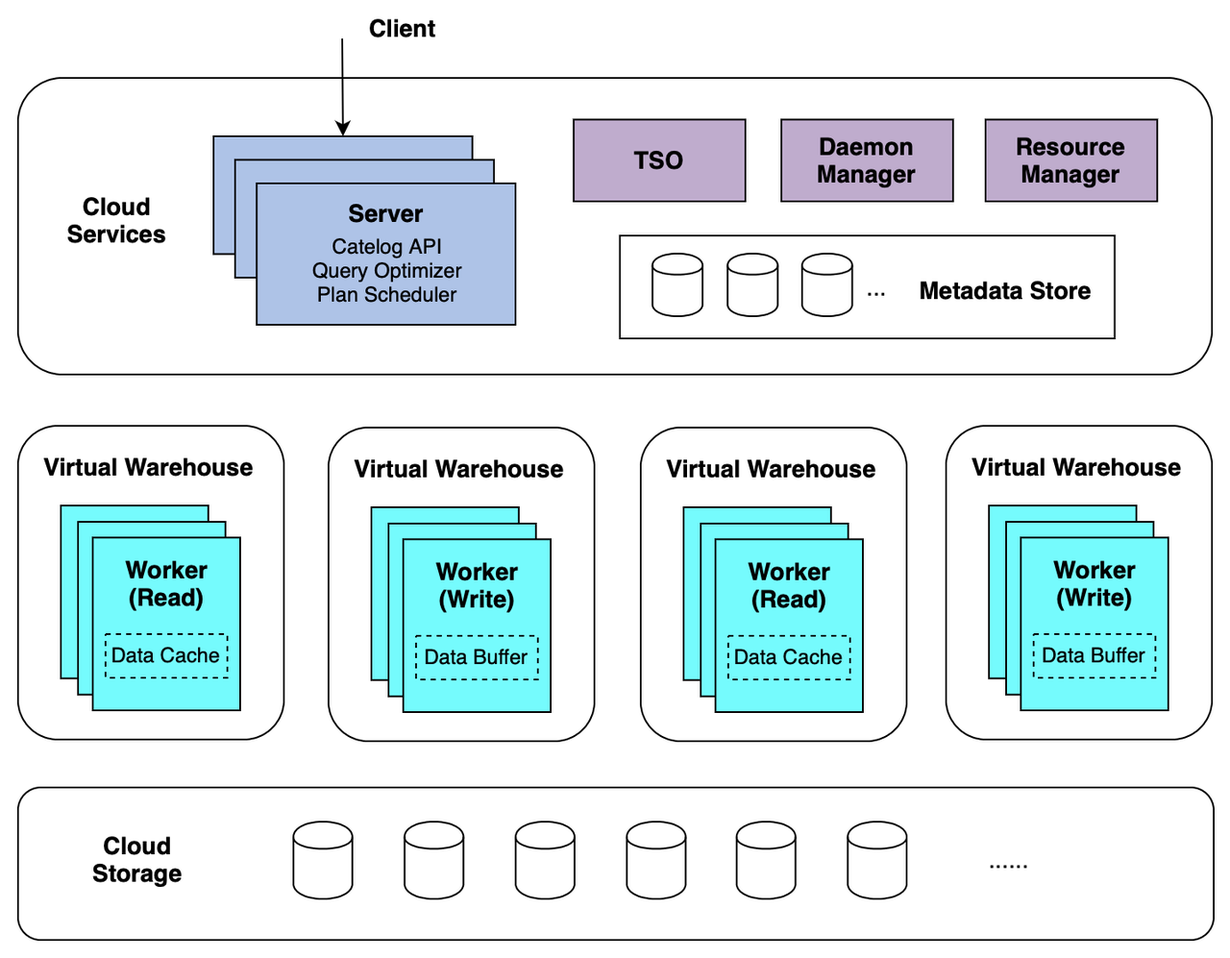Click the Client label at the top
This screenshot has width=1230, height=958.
click(x=402, y=29)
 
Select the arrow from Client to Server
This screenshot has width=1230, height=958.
click(x=342, y=86)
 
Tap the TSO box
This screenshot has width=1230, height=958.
click(x=658, y=160)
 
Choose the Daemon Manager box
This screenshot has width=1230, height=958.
click(x=866, y=160)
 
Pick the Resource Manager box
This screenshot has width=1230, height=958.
click(x=1070, y=160)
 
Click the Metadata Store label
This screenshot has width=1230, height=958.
click(x=1004, y=291)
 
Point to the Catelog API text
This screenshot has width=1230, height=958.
click(x=386, y=247)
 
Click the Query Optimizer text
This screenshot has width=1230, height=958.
click(x=386, y=271)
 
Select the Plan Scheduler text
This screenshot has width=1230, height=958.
click(x=386, y=295)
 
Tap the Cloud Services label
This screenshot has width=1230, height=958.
click(x=116, y=221)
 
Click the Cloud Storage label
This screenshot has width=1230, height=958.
click(x=136, y=860)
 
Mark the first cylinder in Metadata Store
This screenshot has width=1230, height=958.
click(x=676, y=285)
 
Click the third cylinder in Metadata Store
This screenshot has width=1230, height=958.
click(x=826, y=285)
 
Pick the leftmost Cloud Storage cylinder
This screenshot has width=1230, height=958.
click(x=322, y=860)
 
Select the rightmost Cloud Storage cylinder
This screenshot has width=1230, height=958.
click(x=876, y=860)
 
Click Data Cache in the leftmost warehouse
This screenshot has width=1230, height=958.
click(x=165, y=655)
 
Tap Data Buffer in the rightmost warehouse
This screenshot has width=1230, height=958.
click(x=1094, y=655)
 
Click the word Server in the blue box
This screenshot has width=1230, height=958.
click(x=385, y=214)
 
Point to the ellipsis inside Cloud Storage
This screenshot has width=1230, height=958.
click(x=1008, y=866)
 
